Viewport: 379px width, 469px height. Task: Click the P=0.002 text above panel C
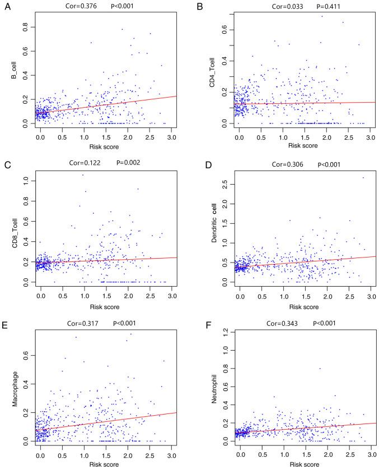128,163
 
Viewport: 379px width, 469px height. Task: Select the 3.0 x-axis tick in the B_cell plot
171,136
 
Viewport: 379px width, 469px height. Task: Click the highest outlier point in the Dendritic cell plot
363,178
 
